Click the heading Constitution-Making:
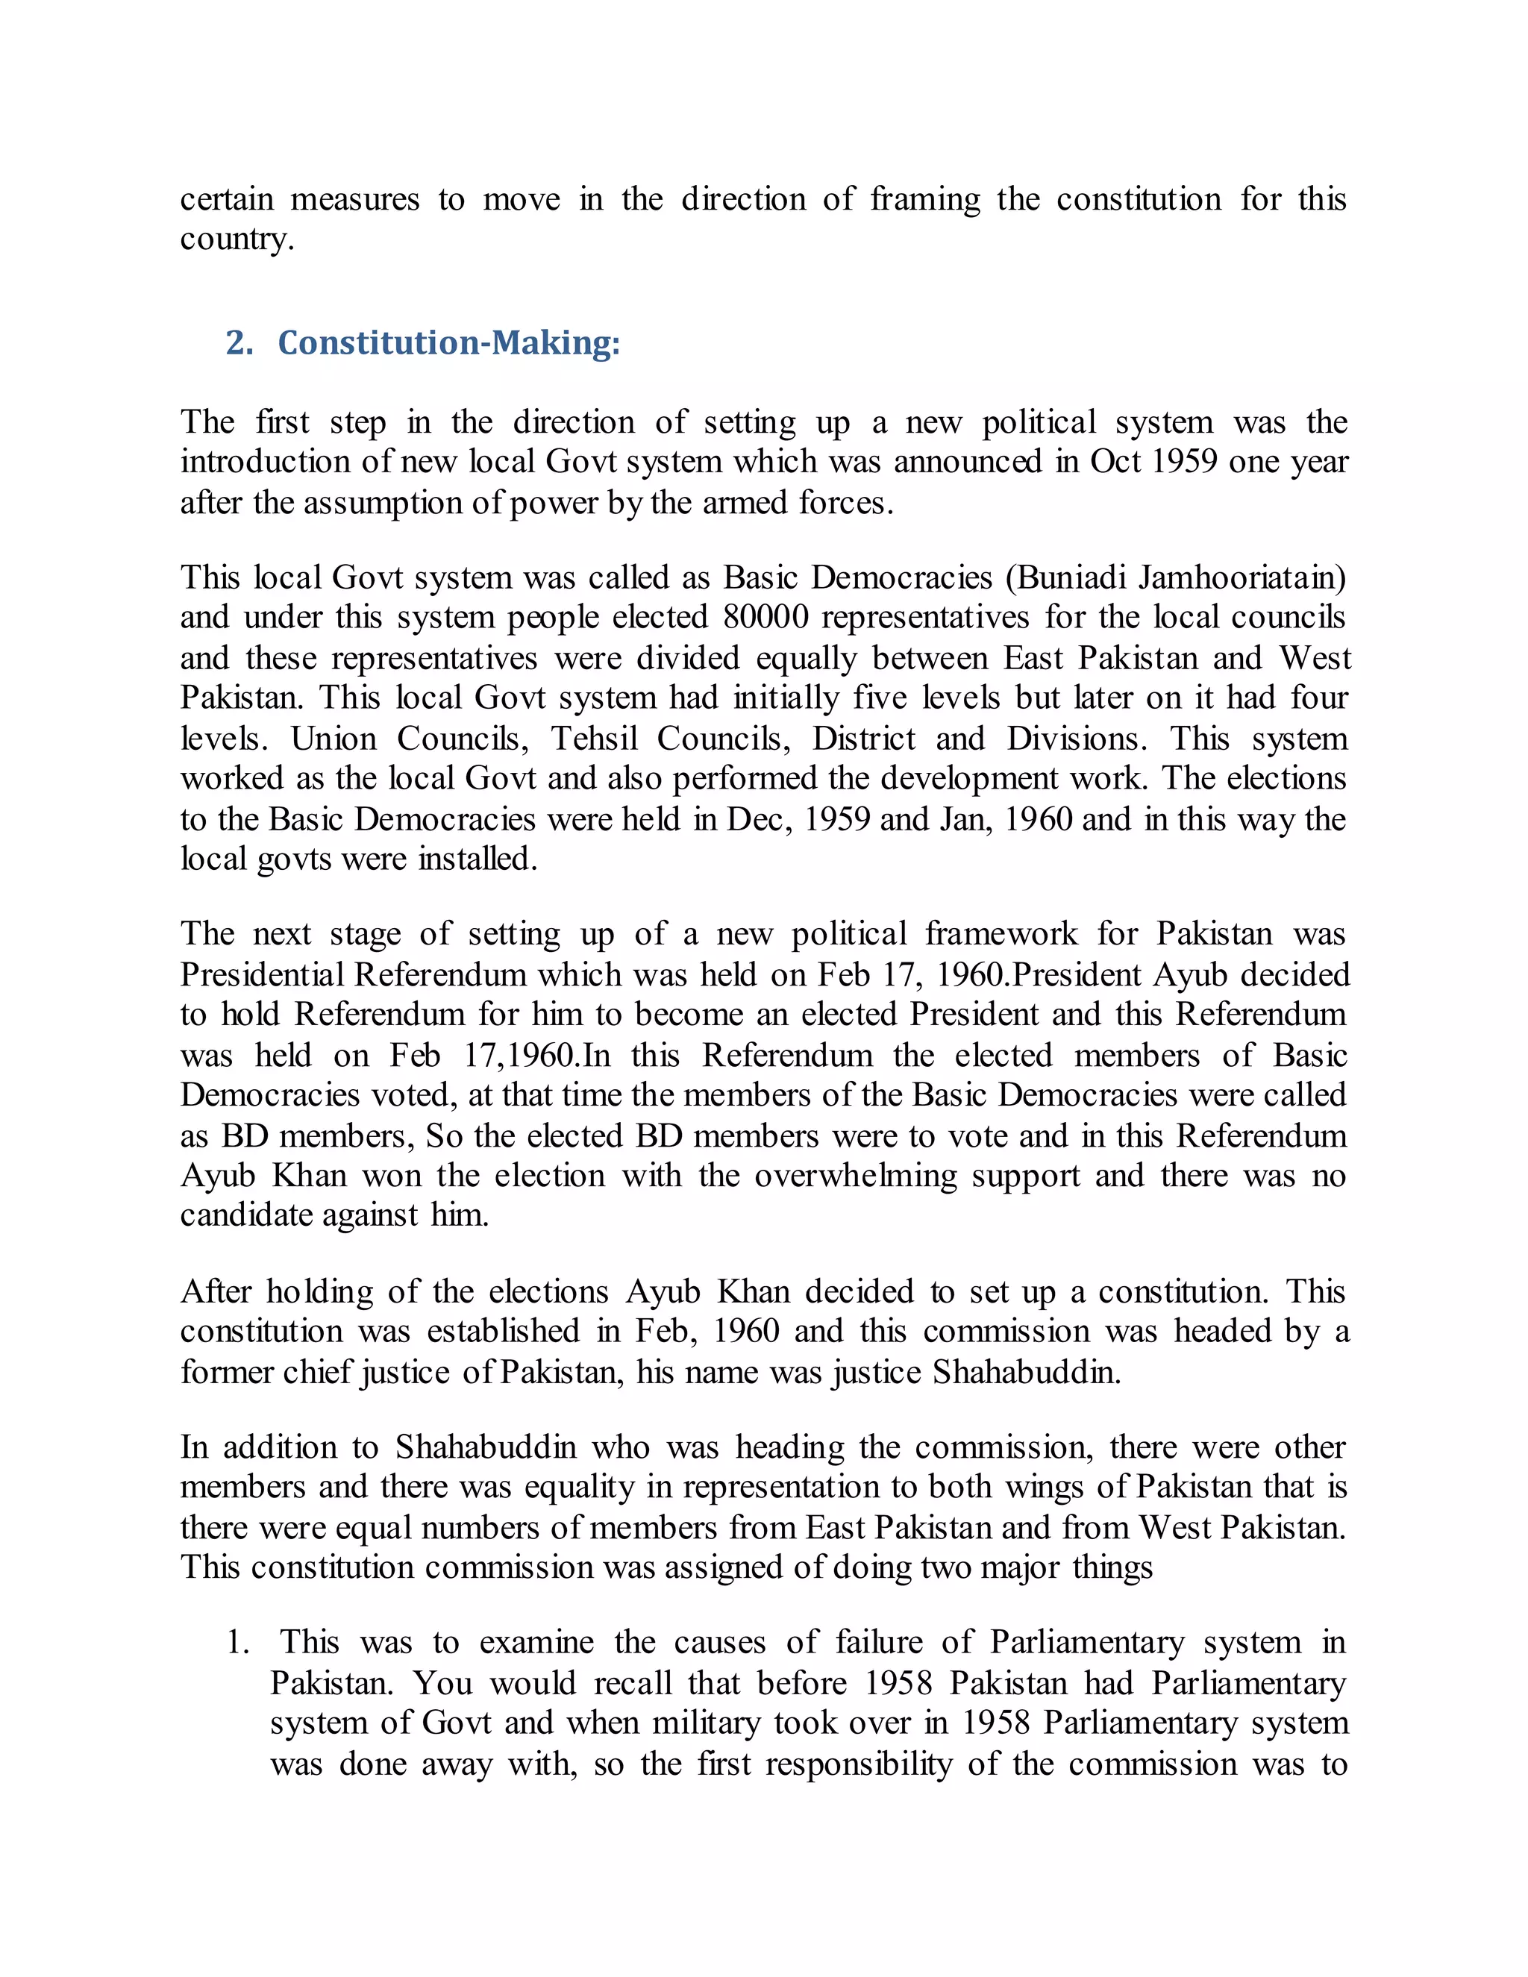point(448,343)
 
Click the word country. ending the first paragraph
point(237,240)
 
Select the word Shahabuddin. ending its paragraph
point(1027,1372)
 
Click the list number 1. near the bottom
point(237,1643)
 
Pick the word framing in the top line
point(924,199)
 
